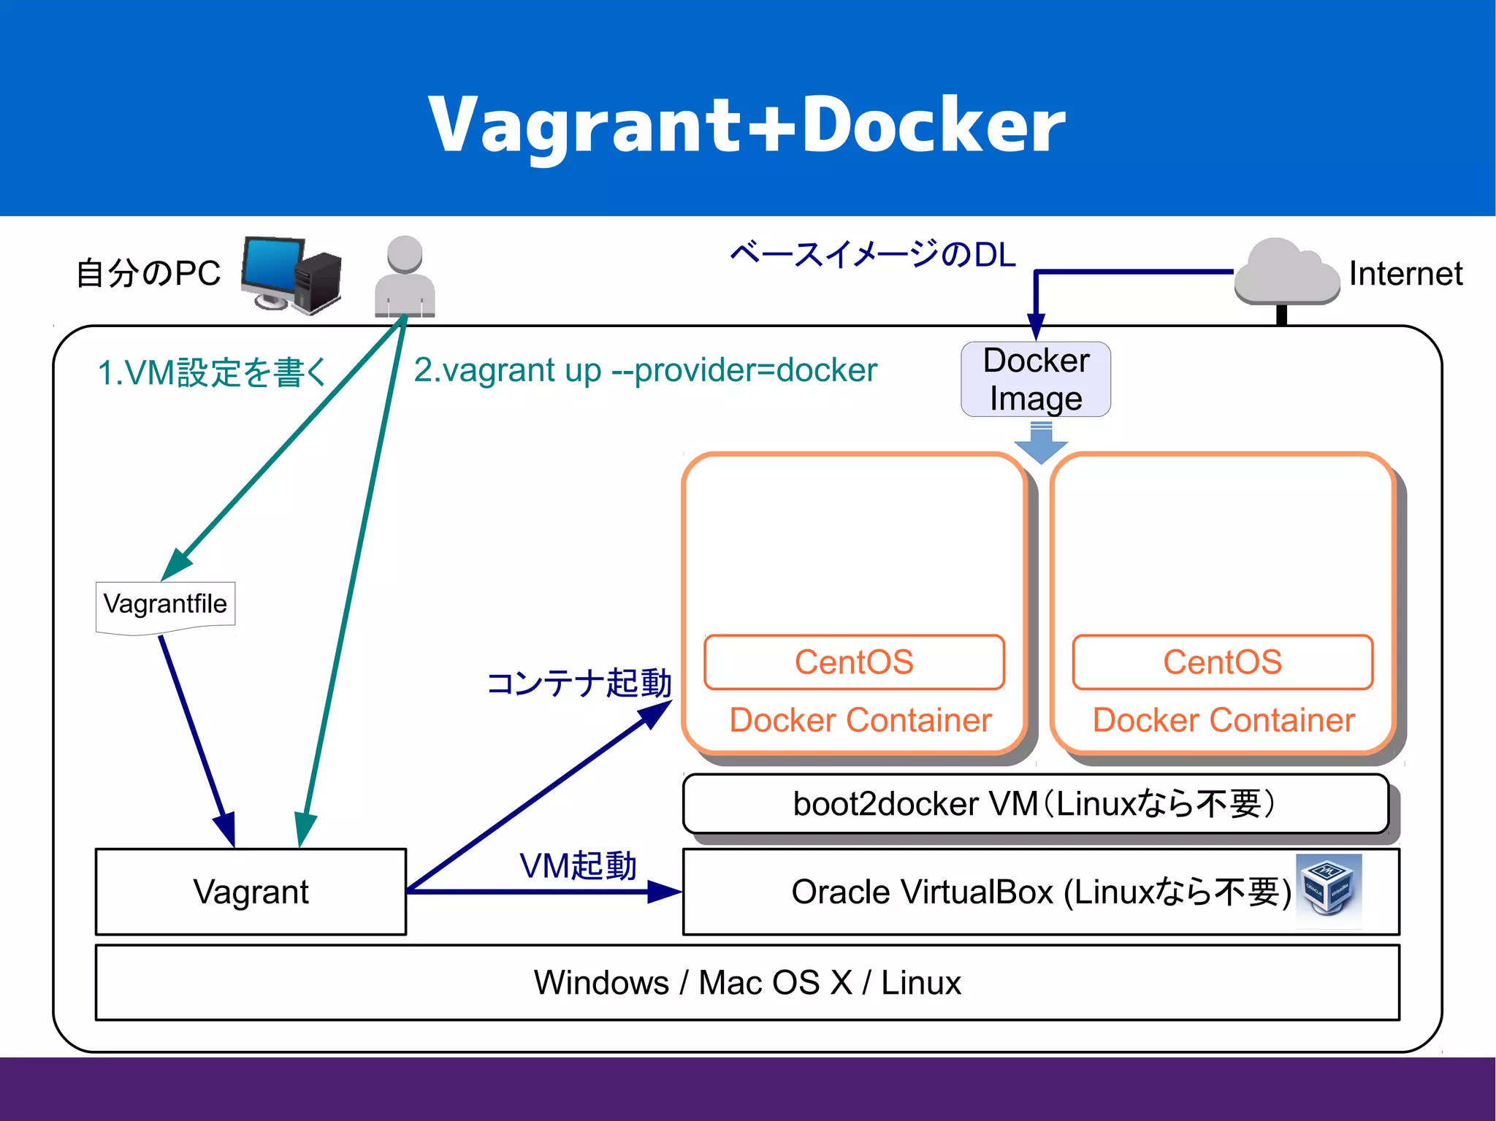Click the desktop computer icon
click(291, 274)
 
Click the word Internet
click(1405, 274)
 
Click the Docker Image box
click(1036, 380)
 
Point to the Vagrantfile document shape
click(166, 605)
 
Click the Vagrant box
click(251, 892)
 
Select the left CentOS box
click(854, 662)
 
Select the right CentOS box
click(1222, 662)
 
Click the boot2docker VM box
click(1035, 804)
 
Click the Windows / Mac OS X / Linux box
click(747, 982)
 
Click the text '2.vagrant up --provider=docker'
click(645, 370)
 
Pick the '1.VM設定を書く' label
click(212, 372)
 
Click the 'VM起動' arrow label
click(578, 866)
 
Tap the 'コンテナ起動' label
click(579, 684)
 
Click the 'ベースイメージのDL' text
click(873, 254)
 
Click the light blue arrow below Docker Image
click(1041, 444)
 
